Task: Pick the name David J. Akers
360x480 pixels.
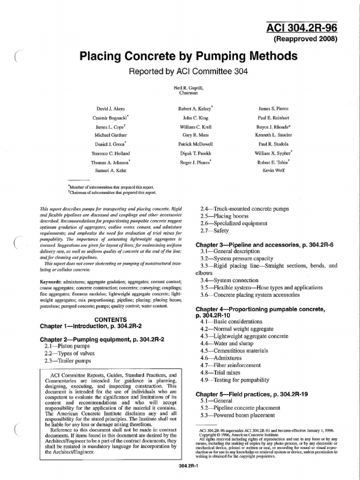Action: point(111,108)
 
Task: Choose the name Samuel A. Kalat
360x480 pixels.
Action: point(111,170)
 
